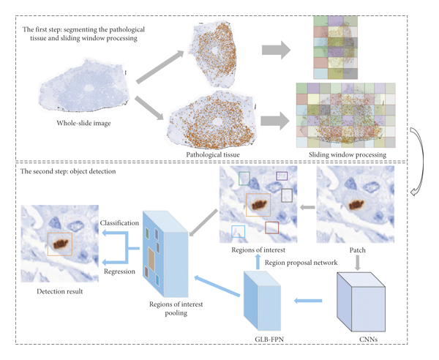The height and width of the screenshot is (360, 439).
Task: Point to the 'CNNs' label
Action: [364, 337]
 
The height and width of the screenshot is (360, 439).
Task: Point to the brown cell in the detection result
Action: [59, 242]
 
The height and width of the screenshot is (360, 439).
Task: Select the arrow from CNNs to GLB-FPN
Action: [310, 299]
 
